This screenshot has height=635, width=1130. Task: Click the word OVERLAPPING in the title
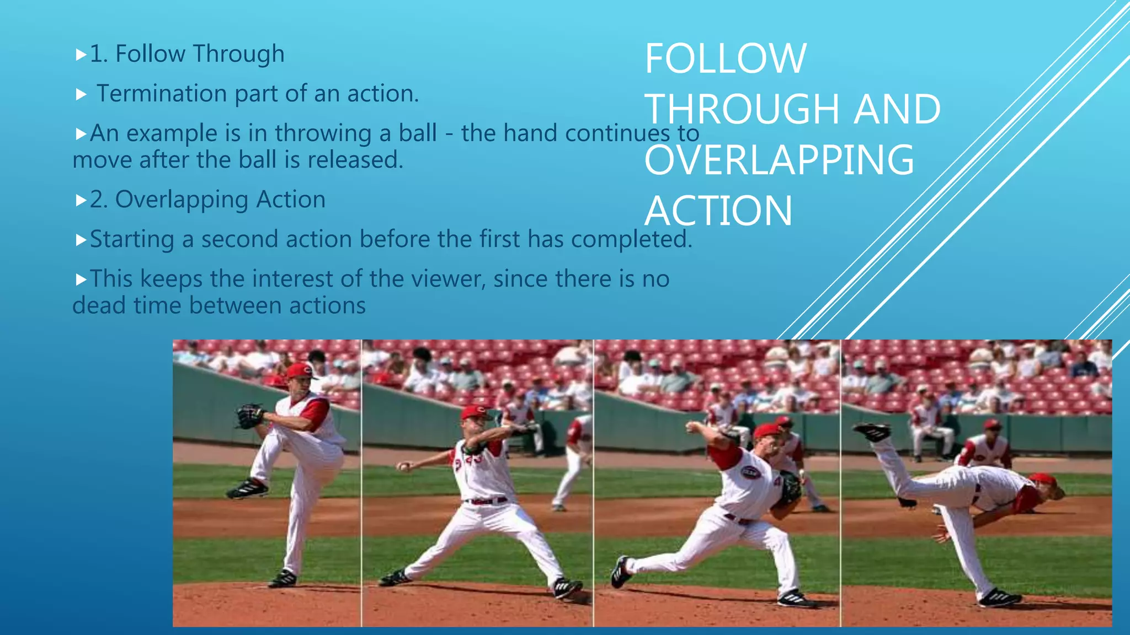pyautogui.click(x=779, y=160)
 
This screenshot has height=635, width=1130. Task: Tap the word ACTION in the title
pyautogui.click(x=718, y=211)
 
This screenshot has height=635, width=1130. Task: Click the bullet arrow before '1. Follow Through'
pyautogui.click(x=81, y=55)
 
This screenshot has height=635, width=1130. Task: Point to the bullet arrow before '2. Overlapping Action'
pyautogui.click(x=81, y=200)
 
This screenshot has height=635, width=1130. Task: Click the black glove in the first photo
pyautogui.click(x=250, y=416)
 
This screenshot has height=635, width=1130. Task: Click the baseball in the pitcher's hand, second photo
pyautogui.click(x=403, y=467)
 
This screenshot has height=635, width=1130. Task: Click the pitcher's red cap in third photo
pyautogui.click(x=767, y=430)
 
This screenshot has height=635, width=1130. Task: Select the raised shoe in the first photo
pyautogui.click(x=247, y=489)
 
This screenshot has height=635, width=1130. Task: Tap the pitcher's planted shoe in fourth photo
pyautogui.click(x=999, y=598)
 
